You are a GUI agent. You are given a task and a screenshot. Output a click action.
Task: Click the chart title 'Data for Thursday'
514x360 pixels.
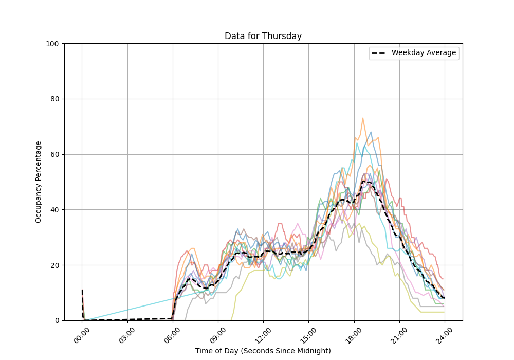[263, 36]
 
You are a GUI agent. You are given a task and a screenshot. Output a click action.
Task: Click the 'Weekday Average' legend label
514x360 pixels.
[424, 53]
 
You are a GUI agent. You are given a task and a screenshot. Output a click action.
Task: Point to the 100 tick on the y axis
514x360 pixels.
[52, 44]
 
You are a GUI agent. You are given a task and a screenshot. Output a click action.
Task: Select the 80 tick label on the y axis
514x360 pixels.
[54, 99]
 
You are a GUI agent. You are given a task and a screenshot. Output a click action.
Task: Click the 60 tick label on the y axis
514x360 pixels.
[54, 154]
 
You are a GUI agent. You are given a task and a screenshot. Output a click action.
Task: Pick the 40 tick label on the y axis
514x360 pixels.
[54, 210]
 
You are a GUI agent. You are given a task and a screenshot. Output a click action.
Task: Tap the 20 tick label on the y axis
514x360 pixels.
[54, 265]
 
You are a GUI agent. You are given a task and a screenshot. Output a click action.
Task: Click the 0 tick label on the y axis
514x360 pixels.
[56, 320]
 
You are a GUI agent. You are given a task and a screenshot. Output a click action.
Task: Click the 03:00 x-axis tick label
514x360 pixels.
[127, 334]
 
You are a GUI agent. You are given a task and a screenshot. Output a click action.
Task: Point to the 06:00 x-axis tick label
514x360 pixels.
[172, 334]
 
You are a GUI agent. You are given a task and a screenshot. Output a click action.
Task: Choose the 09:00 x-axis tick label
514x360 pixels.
[218, 334]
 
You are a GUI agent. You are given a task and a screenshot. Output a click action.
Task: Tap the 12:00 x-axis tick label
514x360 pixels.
[263, 334]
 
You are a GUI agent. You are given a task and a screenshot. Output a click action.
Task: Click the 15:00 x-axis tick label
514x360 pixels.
[308, 334]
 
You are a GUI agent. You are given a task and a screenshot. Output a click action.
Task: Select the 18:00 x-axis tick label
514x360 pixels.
[354, 334]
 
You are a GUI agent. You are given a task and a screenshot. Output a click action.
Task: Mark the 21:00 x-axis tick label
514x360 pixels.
[399, 334]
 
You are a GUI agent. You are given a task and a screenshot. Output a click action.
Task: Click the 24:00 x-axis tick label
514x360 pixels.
[445, 334]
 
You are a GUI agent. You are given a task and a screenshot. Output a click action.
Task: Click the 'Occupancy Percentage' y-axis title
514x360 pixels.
[39, 182]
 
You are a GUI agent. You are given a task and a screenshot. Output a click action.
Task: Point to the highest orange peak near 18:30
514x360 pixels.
[362, 118]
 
